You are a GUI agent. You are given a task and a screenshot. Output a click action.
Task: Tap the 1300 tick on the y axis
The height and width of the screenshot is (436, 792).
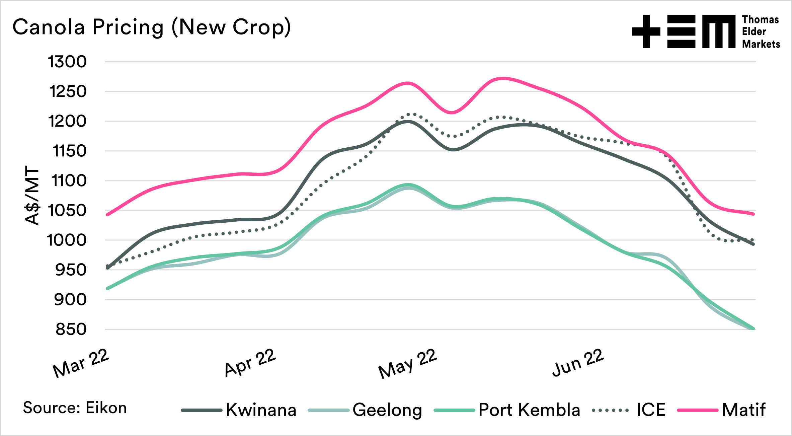[67, 62]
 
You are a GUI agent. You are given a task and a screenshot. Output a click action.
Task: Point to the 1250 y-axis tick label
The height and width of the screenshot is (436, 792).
[68, 92]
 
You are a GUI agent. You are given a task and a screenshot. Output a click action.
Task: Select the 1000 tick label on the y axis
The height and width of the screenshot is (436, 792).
[67, 240]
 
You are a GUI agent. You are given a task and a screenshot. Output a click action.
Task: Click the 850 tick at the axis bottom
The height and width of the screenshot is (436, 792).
[71, 330]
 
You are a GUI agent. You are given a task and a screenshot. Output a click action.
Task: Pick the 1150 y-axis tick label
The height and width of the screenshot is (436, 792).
[70, 151]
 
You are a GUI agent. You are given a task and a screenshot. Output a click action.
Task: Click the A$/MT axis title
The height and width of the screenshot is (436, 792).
[32, 196]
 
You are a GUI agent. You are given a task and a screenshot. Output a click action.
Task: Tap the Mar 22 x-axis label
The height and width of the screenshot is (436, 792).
[81, 363]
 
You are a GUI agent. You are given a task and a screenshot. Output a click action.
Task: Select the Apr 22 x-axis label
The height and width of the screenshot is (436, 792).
[250, 363]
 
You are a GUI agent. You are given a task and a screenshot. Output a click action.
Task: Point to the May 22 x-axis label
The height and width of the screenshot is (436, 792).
[408, 364]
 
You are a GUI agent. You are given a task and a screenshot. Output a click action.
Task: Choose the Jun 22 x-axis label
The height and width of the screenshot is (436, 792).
[578, 363]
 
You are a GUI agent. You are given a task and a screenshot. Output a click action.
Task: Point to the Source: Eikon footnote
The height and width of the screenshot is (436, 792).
[75, 408]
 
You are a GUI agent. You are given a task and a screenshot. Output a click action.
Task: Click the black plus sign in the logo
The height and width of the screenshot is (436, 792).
[646, 31]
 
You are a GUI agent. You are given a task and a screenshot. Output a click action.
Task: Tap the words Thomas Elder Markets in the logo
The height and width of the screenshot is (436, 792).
[761, 32]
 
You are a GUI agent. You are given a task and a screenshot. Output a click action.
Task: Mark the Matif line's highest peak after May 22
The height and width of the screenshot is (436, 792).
[503, 78]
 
